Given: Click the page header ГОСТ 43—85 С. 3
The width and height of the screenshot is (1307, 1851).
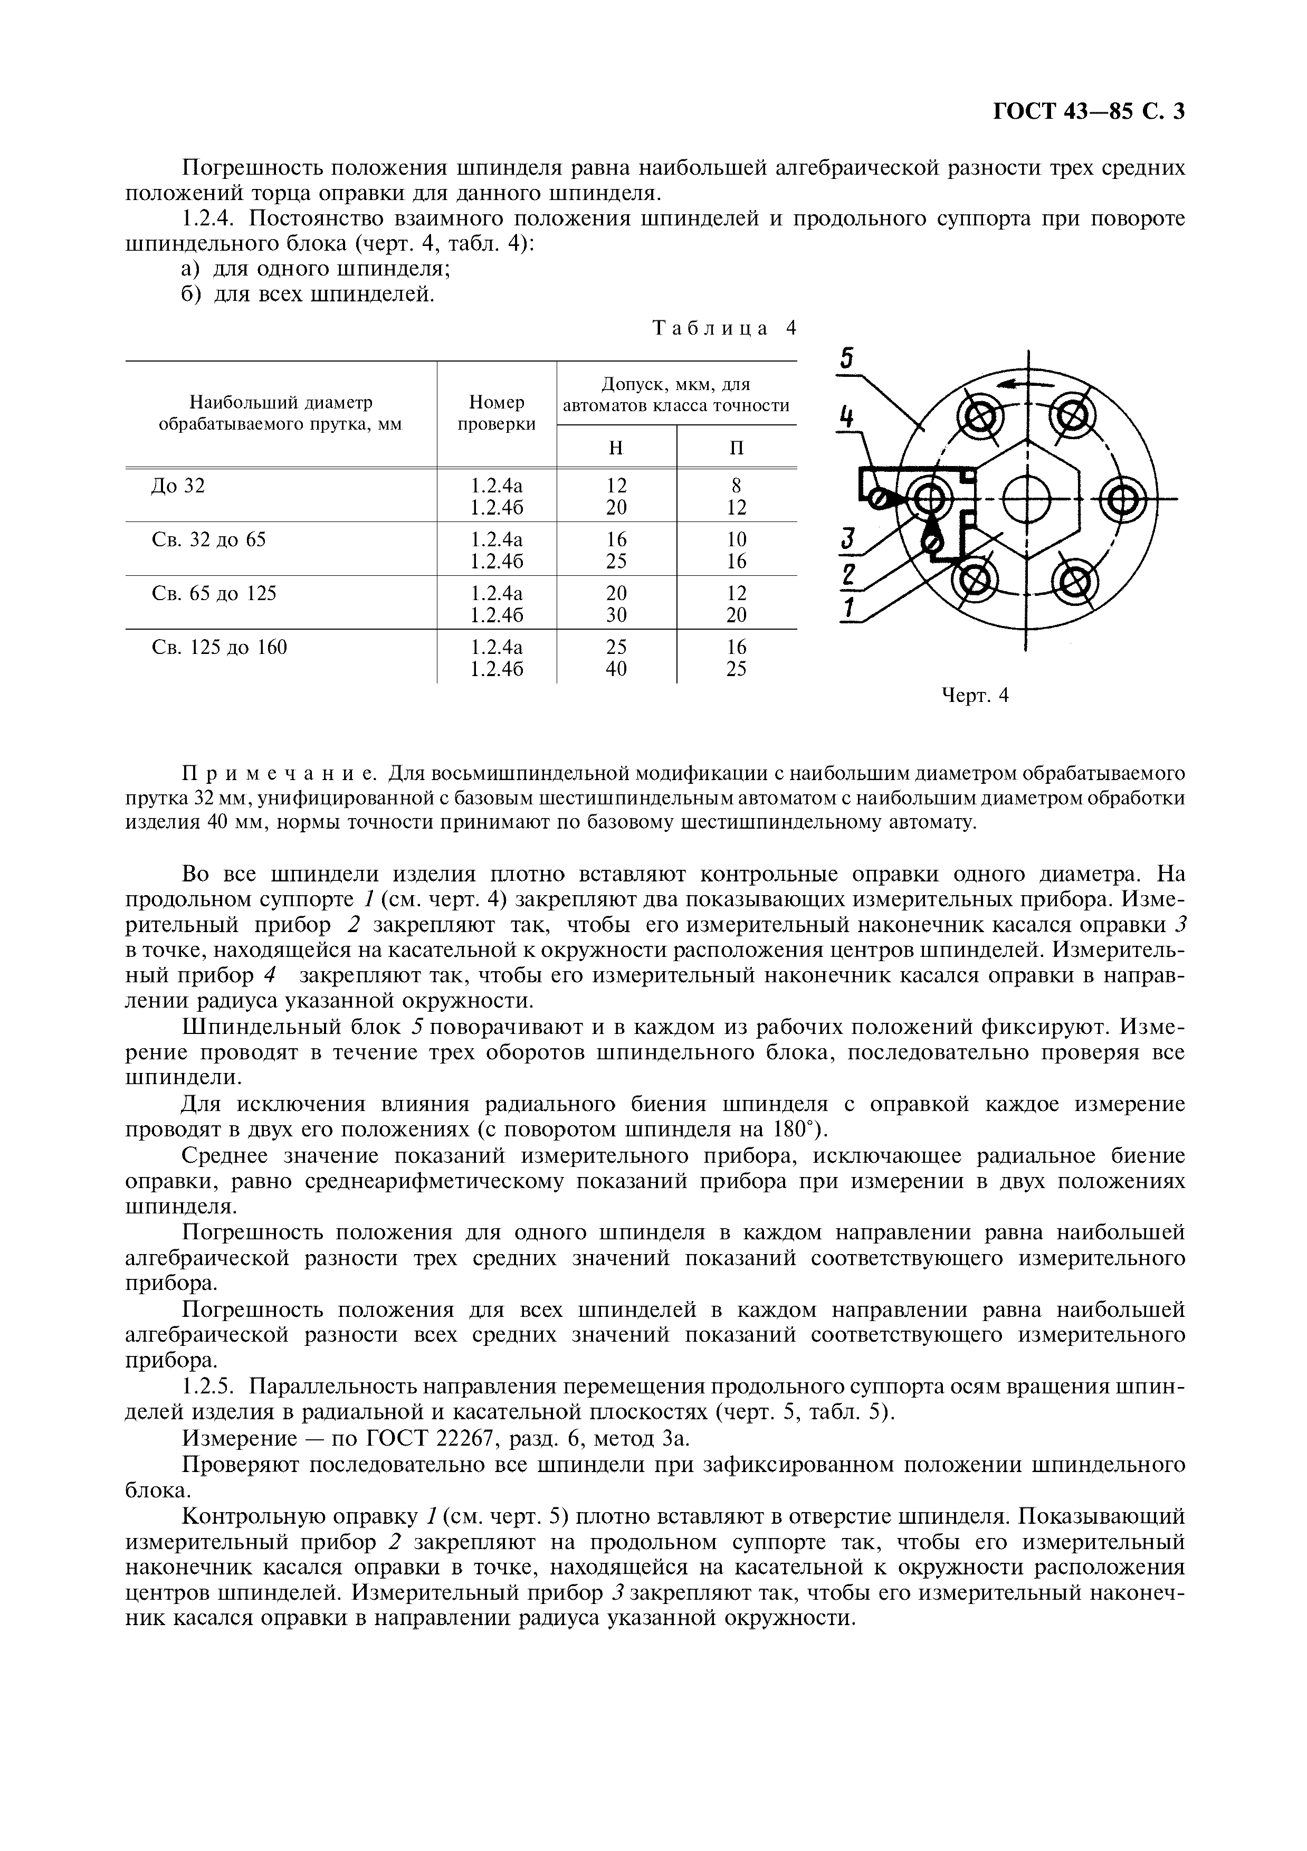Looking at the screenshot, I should [x=1088, y=111].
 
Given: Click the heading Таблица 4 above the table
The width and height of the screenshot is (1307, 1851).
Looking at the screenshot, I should [x=723, y=328].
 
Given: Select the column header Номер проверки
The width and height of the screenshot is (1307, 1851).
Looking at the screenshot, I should [x=497, y=413].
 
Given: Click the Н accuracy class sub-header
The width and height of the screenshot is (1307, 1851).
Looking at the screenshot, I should [x=616, y=448].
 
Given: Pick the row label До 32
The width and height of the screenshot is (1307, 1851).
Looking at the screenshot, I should [x=178, y=486].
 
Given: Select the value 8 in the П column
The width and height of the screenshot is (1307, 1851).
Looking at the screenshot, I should [x=736, y=486].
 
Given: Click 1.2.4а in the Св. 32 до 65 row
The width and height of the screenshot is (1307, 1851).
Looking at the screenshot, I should [x=497, y=539].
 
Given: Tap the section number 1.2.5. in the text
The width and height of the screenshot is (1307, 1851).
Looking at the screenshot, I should [x=208, y=1387].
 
